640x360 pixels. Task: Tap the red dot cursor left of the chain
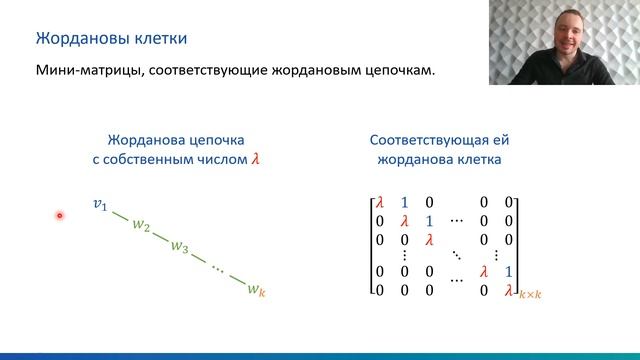tap(60, 215)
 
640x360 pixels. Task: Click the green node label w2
tap(140, 226)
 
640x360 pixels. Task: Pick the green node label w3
tap(179, 246)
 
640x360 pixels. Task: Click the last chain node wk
tap(256, 290)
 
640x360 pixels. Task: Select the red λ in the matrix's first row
tap(379, 203)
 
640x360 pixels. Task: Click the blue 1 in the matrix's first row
tap(404, 203)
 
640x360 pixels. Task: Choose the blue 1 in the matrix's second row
tap(429, 221)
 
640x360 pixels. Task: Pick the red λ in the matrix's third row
tap(429, 239)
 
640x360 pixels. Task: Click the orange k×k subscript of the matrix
tap(529, 294)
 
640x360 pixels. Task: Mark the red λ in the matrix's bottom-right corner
tap(509, 290)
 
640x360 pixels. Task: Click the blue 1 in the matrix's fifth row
tap(509, 271)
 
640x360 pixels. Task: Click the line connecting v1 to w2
tap(119, 215)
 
